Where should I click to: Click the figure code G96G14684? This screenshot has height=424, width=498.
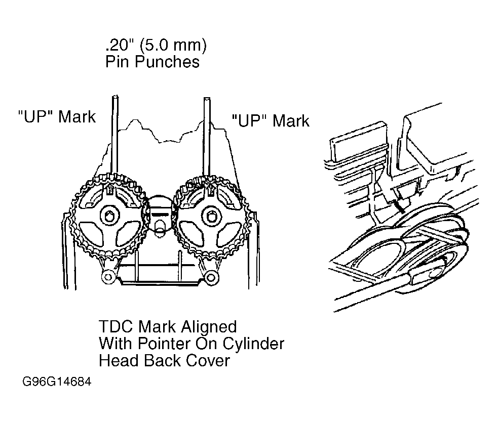57,381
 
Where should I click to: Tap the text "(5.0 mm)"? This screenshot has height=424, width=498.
173,45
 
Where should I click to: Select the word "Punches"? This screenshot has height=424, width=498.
167,61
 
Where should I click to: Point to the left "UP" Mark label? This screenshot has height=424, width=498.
57,116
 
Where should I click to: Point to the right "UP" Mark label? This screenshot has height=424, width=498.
271,120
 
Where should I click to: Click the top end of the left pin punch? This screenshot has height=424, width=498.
116,97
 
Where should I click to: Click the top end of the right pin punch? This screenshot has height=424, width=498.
207,99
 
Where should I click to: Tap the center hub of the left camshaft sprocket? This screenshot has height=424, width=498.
110,216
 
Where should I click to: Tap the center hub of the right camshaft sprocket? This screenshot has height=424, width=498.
211,217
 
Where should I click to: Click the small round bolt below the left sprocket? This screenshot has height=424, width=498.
108,277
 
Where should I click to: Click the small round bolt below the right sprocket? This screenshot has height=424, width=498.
211,277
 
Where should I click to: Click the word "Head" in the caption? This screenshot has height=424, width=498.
119,361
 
